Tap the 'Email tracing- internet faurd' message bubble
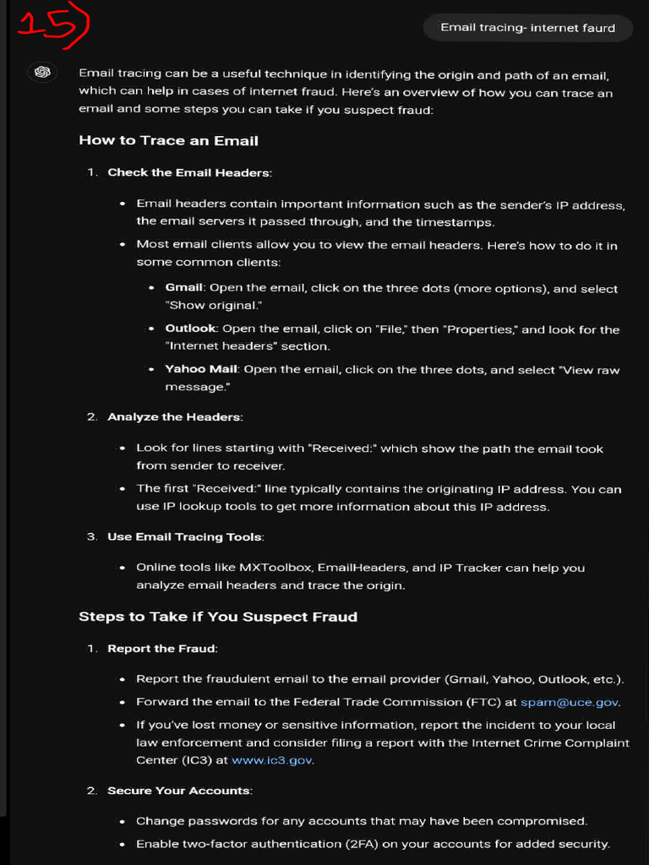[x=527, y=27]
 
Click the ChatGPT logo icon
[x=42, y=73]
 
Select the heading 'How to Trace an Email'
[x=168, y=140]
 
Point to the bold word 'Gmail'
[x=183, y=288]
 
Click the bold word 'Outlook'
[x=190, y=329]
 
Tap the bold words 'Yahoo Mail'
[x=201, y=369]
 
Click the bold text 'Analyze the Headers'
[x=174, y=416]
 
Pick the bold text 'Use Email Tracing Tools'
[x=185, y=536]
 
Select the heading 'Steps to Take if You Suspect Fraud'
[x=218, y=617]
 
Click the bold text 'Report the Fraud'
[x=161, y=649]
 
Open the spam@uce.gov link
[x=570, y=702]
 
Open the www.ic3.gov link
[x=273, y=760]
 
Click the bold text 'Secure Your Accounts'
[x=179, y=791]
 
